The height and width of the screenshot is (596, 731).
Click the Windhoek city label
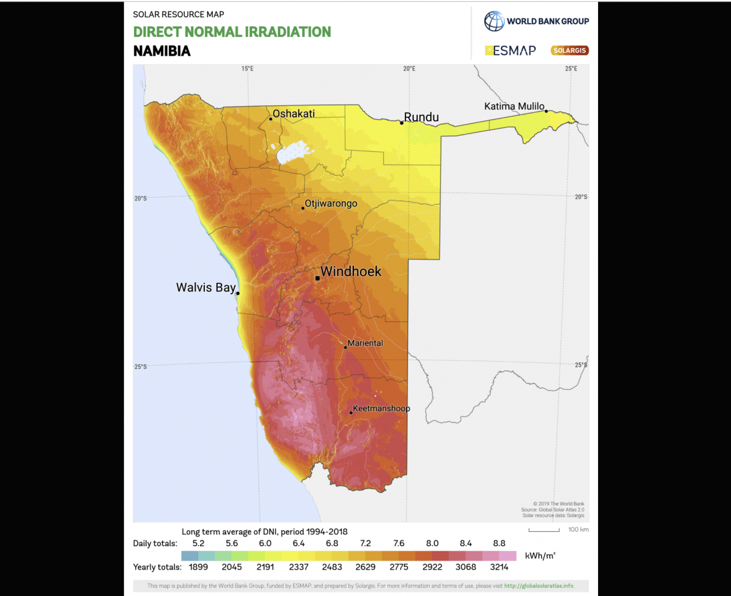(351, 271)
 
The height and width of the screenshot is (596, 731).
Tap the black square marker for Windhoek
(317, 278)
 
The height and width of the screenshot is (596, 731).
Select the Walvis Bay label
(205, 287)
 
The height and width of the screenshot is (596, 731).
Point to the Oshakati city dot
(271, 119)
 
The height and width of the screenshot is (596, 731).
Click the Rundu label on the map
(421, 117)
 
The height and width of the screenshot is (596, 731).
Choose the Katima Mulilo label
(514, 106)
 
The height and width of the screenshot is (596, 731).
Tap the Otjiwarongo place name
(331, 203)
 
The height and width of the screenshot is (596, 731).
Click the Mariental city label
(365, 343)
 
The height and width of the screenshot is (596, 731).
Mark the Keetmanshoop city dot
(351, 413)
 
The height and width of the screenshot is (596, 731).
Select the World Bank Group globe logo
(494, 21)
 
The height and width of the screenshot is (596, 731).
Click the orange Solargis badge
(569, 50)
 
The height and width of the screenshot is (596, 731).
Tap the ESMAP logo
(511, 50)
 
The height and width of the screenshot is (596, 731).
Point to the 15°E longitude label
(247, 69)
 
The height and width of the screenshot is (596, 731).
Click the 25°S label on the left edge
(141, 367)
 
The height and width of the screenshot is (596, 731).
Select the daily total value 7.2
(365, 543)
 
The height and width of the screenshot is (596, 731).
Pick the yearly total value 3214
(499, 567)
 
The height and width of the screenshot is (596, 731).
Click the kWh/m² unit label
(540, 556)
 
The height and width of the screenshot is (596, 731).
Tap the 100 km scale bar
(544, 530)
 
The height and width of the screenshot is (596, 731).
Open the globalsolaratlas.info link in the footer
(539, 585)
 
